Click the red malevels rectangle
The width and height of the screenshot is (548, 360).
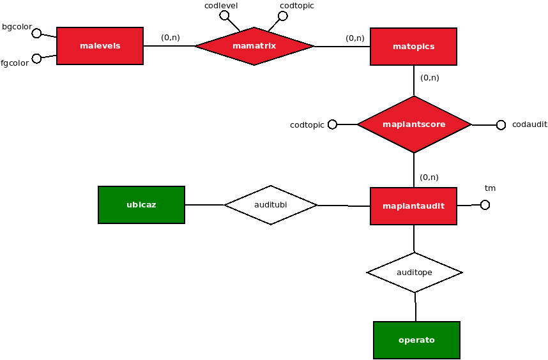[x=100, y=46]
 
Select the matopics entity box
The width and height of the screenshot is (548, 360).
[x=413, y=47]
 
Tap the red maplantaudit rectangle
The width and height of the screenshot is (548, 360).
[x=413, y=206]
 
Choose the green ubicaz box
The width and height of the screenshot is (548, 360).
[x=141, y=205]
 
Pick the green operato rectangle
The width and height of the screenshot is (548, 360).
[x=416, y=340]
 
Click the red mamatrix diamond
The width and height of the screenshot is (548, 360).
[x=254, y=46]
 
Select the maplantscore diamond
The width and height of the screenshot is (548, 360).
[x=414, y=124]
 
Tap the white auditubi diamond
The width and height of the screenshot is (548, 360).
[x=270, y=205]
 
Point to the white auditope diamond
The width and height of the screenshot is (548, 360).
[x=414, y=273]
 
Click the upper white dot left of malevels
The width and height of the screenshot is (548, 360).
[x=36, y=33]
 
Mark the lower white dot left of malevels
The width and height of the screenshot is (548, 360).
[x=36, y=59]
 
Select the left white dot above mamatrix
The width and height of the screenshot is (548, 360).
[x=224, y=15]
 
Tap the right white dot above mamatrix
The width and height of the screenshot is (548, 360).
[x=283, y=16]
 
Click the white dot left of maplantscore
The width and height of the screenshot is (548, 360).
[x=332, y=124]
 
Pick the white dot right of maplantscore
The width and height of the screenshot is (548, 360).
[x=501, y=125]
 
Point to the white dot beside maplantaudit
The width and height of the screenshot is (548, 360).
[x=485, y=205]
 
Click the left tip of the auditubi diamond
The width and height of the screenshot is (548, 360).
[x=227, y=205]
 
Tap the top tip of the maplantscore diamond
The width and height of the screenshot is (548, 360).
[x=414, y=98]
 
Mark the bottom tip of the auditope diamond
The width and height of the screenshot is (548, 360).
[x=414, y=291]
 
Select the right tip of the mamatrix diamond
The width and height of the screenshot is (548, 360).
[x=311, y=46]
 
